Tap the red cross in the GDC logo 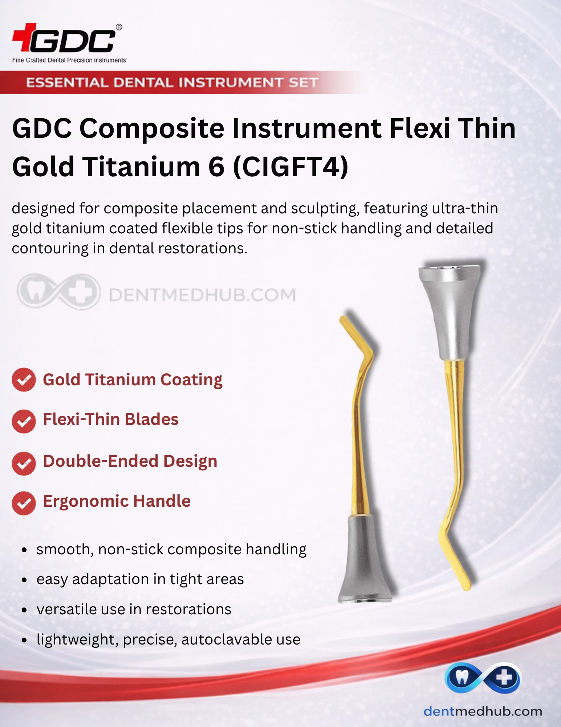(x=25, y=37)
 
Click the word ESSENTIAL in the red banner (x=67, y=83)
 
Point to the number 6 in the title (x=216, y=167)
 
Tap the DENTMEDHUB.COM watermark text (x=202, y=295)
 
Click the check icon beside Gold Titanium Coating (x=24, y=380)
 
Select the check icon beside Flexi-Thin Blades (x=24, y=421)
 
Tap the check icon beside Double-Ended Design (x=24, y=463)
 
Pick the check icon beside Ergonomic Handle (x=24, y=503)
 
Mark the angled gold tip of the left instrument (x=356, y=335)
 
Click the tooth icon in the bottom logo (x=462, y=677)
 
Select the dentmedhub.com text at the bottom (x=483, y=711)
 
